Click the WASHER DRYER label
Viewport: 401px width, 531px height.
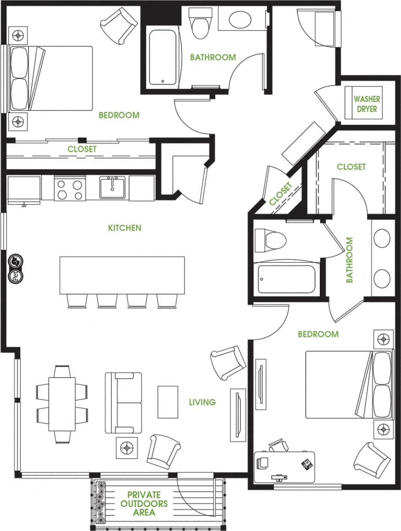367,104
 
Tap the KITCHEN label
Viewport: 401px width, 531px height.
124,227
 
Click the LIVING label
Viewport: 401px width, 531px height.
202,402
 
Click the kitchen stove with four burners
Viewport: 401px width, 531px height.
70,189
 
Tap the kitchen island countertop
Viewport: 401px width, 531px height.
122,275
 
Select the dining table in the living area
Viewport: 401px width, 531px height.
62,404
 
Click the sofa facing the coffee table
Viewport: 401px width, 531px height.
123,403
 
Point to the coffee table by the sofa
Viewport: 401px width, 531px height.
167,402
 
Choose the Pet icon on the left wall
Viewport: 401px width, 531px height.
14,276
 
